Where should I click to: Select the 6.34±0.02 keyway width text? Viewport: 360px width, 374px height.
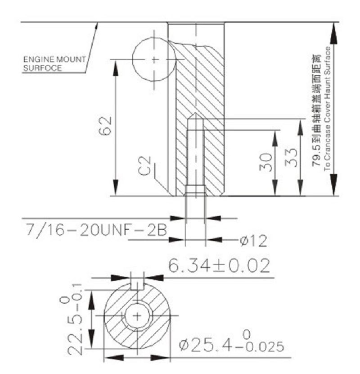(x=219, y=266)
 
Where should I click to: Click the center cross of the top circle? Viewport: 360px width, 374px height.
(x=155, y=59)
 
